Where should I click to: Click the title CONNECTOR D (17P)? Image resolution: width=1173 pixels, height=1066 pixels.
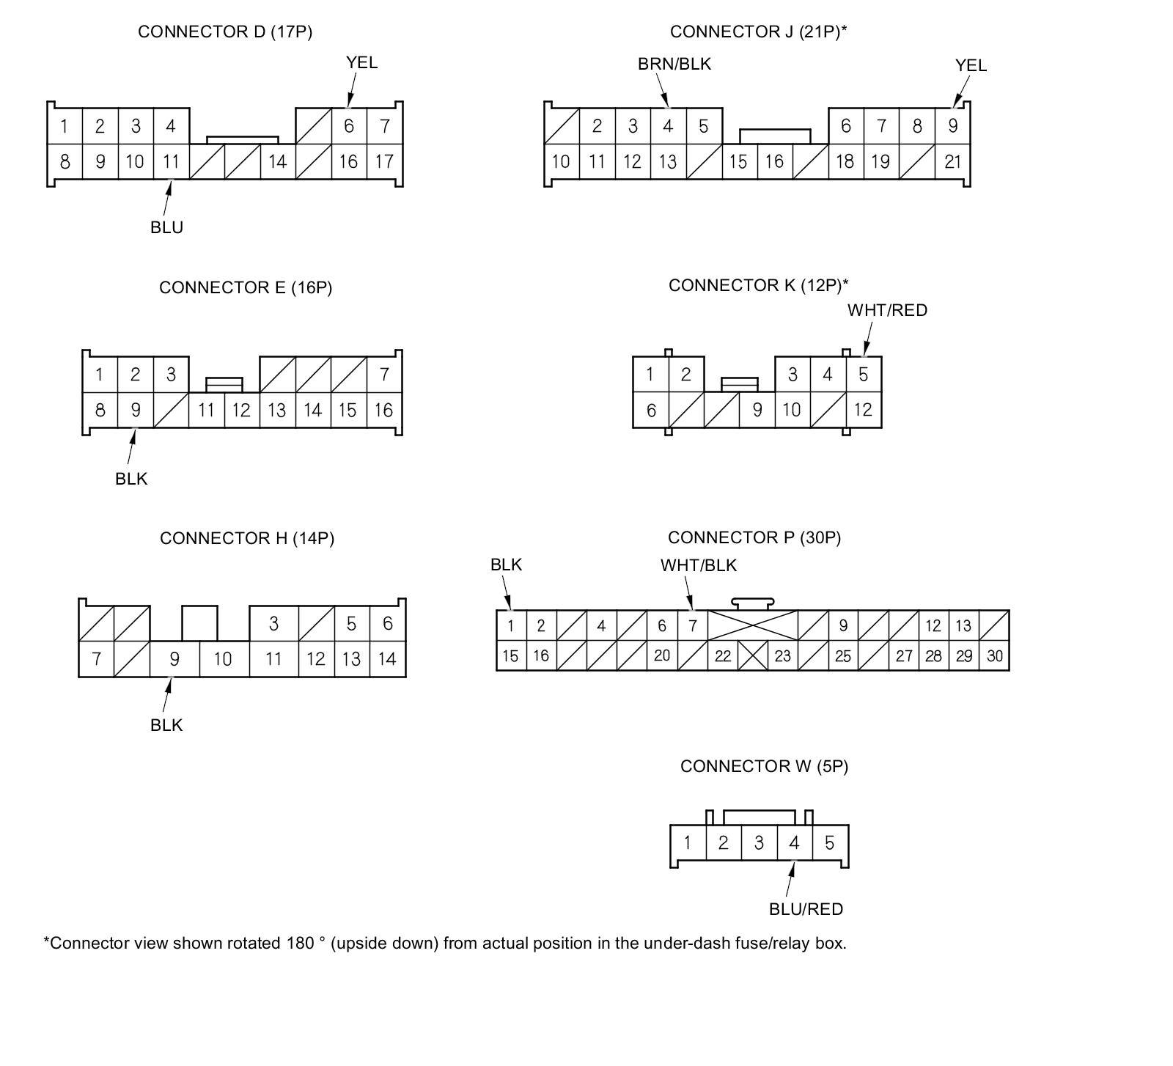[225, 32]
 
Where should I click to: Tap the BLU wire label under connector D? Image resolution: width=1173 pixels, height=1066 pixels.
[166, 227]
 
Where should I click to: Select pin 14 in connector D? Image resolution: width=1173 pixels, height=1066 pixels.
[277, 161]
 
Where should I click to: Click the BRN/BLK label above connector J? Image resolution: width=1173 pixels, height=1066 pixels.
[674, 65]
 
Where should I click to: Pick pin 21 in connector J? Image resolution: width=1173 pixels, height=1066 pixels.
[952, 161]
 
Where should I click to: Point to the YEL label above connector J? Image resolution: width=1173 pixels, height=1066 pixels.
[971, 66]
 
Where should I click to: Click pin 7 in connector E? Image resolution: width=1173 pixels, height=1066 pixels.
[384, 375]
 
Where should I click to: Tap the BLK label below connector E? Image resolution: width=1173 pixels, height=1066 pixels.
[131, 479]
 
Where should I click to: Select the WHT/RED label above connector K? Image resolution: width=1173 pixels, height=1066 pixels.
[887, 311]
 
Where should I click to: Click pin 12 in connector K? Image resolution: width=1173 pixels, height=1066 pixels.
[863, 410]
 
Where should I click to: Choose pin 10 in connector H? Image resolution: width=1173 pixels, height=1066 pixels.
[223, 659]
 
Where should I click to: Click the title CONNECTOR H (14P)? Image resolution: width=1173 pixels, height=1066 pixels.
[247, 539]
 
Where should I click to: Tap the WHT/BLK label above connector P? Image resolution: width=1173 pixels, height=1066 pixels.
[698, 565]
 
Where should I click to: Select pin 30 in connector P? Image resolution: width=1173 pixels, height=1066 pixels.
[994, 656]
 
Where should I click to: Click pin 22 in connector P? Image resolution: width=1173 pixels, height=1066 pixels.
[723, 656]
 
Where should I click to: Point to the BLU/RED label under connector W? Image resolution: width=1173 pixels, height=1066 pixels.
[806, 909]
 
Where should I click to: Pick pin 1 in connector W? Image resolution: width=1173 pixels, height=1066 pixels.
[687, 842]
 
